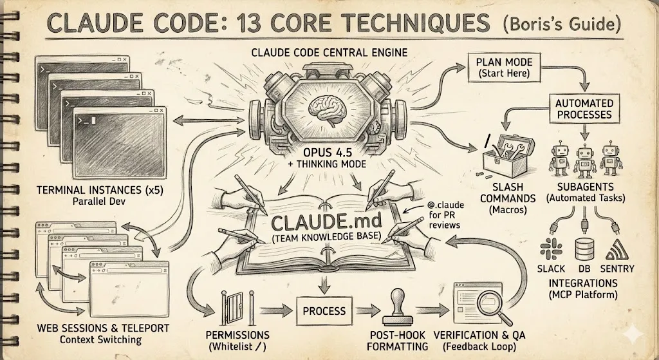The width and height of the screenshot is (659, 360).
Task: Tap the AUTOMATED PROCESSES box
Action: [583, 109]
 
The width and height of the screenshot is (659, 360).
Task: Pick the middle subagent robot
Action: [584, 158]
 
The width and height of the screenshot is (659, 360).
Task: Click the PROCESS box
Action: [324, 310]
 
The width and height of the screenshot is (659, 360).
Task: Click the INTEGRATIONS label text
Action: [584, 283]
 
